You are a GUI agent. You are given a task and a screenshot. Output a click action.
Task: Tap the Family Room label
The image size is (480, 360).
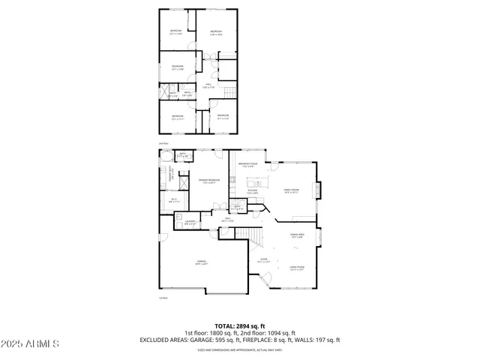(x=290, y=190)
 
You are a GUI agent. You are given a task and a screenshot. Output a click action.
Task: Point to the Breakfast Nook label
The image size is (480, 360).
(x=248, y=165)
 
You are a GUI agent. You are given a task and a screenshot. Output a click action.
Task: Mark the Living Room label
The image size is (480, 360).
(x=297, y=268)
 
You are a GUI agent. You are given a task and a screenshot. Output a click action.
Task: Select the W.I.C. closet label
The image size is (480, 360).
(x=173, y=201)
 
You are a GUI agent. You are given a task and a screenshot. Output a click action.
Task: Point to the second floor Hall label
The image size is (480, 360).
(x=206, y=87)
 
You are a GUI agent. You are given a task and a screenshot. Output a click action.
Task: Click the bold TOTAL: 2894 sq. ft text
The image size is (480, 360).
(x=239, y=326)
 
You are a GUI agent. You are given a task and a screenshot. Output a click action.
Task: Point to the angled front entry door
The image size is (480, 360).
(x=264, y=282)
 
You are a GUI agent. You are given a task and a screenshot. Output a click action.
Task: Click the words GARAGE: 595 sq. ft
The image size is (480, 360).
(x=209, y=340)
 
